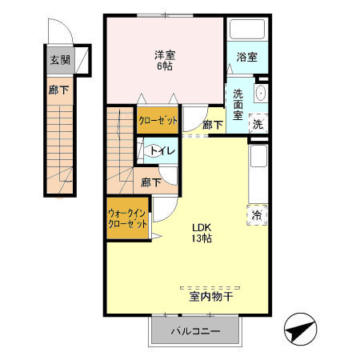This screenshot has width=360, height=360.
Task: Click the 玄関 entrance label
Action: [x=60, y=60]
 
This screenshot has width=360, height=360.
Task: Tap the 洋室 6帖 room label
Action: [x=165, y=61]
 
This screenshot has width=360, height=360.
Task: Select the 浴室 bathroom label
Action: [x=247, y=57]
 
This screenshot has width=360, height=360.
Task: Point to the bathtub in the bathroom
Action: [x=247, y=29]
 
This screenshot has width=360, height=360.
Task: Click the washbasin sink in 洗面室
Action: [x=261, y=93]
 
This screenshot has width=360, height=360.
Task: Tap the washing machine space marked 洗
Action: [x=258, y=123]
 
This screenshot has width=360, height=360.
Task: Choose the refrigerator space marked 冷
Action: [x=257, y=215]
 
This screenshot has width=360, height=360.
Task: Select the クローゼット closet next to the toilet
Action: [x=158, y=120]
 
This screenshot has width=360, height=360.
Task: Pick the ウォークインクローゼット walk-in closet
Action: [x=127, y=218]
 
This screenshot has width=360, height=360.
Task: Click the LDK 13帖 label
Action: [x=202, y=233]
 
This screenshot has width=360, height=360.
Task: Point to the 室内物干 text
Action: [x=211, y=296]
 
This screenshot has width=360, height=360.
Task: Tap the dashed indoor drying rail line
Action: [x=210, y=288]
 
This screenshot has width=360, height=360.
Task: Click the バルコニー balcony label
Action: [x=195, y=331]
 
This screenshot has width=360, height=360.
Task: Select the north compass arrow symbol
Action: [x=301, y=329]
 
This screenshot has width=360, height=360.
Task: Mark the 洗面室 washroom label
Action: [x=238, y=105]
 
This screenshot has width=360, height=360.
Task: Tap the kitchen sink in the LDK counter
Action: [x=258, y=156]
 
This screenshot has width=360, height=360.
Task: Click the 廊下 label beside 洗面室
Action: [x=213, y=125]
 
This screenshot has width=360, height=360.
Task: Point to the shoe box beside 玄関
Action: [x=82, y=60]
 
